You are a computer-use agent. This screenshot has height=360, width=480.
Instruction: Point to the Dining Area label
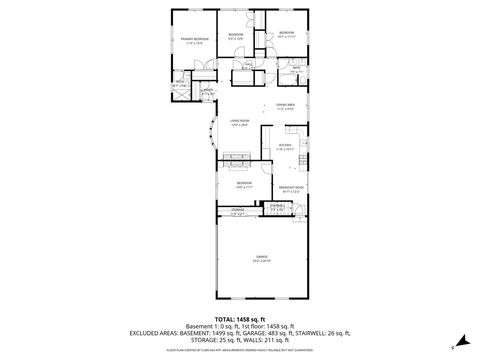coord(286,107)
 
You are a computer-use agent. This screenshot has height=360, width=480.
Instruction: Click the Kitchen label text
coord(285,147)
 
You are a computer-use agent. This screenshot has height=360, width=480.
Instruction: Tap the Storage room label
coord(237,211)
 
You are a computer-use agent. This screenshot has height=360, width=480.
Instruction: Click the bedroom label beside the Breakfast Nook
coord(244,185)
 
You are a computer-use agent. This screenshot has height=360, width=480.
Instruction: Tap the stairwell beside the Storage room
coord(277,209)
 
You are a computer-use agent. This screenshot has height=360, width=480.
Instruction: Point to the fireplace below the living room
coord(238,155)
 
